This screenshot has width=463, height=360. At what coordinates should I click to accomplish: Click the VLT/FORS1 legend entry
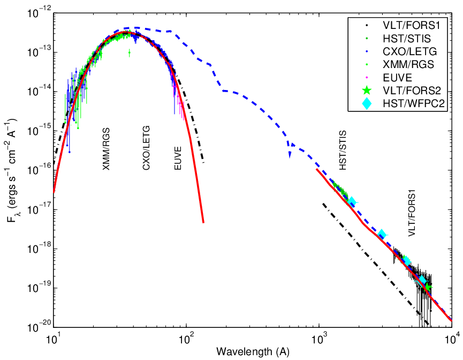point(411,25)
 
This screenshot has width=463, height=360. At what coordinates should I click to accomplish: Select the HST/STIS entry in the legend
point(407,39)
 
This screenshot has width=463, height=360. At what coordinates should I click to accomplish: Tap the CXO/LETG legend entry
point(410,51)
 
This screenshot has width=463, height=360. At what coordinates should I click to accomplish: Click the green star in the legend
point(367,90)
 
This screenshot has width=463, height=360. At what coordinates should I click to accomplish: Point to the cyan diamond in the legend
point(367,103)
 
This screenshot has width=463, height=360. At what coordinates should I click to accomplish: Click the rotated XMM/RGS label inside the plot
point(106,149)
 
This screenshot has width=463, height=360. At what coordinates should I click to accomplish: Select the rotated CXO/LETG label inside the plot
point(147,148)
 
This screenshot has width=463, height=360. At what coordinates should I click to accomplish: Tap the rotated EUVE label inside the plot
point(178,158)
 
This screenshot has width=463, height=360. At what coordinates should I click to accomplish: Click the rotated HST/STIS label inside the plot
point(343,151)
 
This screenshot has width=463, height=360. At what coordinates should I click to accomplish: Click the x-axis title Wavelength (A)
point(253,352)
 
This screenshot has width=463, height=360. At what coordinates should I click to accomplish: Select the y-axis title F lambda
point(12,170)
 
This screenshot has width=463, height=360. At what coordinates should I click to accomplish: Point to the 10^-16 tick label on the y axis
point(39,170)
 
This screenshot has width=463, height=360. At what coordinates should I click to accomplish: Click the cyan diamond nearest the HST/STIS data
point(352,202)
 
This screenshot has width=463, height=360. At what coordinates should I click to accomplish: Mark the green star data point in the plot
point(428,286)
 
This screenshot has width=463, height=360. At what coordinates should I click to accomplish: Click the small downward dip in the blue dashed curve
point(290,154)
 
